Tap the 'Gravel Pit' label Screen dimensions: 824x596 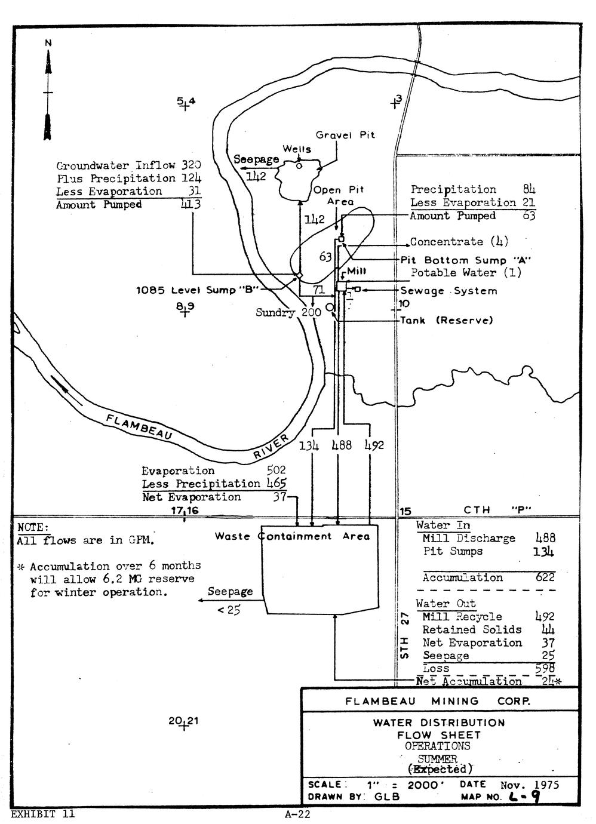tap(345, 136)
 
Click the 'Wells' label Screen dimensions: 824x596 tap(297, 149)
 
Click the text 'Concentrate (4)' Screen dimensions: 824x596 tap(458, 242)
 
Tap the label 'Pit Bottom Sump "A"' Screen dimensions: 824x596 tap(466, 260)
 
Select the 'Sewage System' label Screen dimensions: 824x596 tap(448, 291)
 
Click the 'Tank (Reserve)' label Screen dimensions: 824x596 tap(447, 321)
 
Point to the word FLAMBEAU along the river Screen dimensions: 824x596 tap(139, 428)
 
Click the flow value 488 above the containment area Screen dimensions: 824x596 tap(342, 445)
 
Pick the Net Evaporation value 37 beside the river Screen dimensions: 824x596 tap(279, 497)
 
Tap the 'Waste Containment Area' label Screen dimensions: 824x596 tap(292, 536)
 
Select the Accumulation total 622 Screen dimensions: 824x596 tap(545, 577)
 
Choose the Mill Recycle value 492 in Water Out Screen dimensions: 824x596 tap(545, 617)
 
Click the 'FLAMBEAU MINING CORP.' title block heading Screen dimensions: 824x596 tap(437, 701)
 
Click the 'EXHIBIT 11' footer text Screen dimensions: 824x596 tap(43, 813)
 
